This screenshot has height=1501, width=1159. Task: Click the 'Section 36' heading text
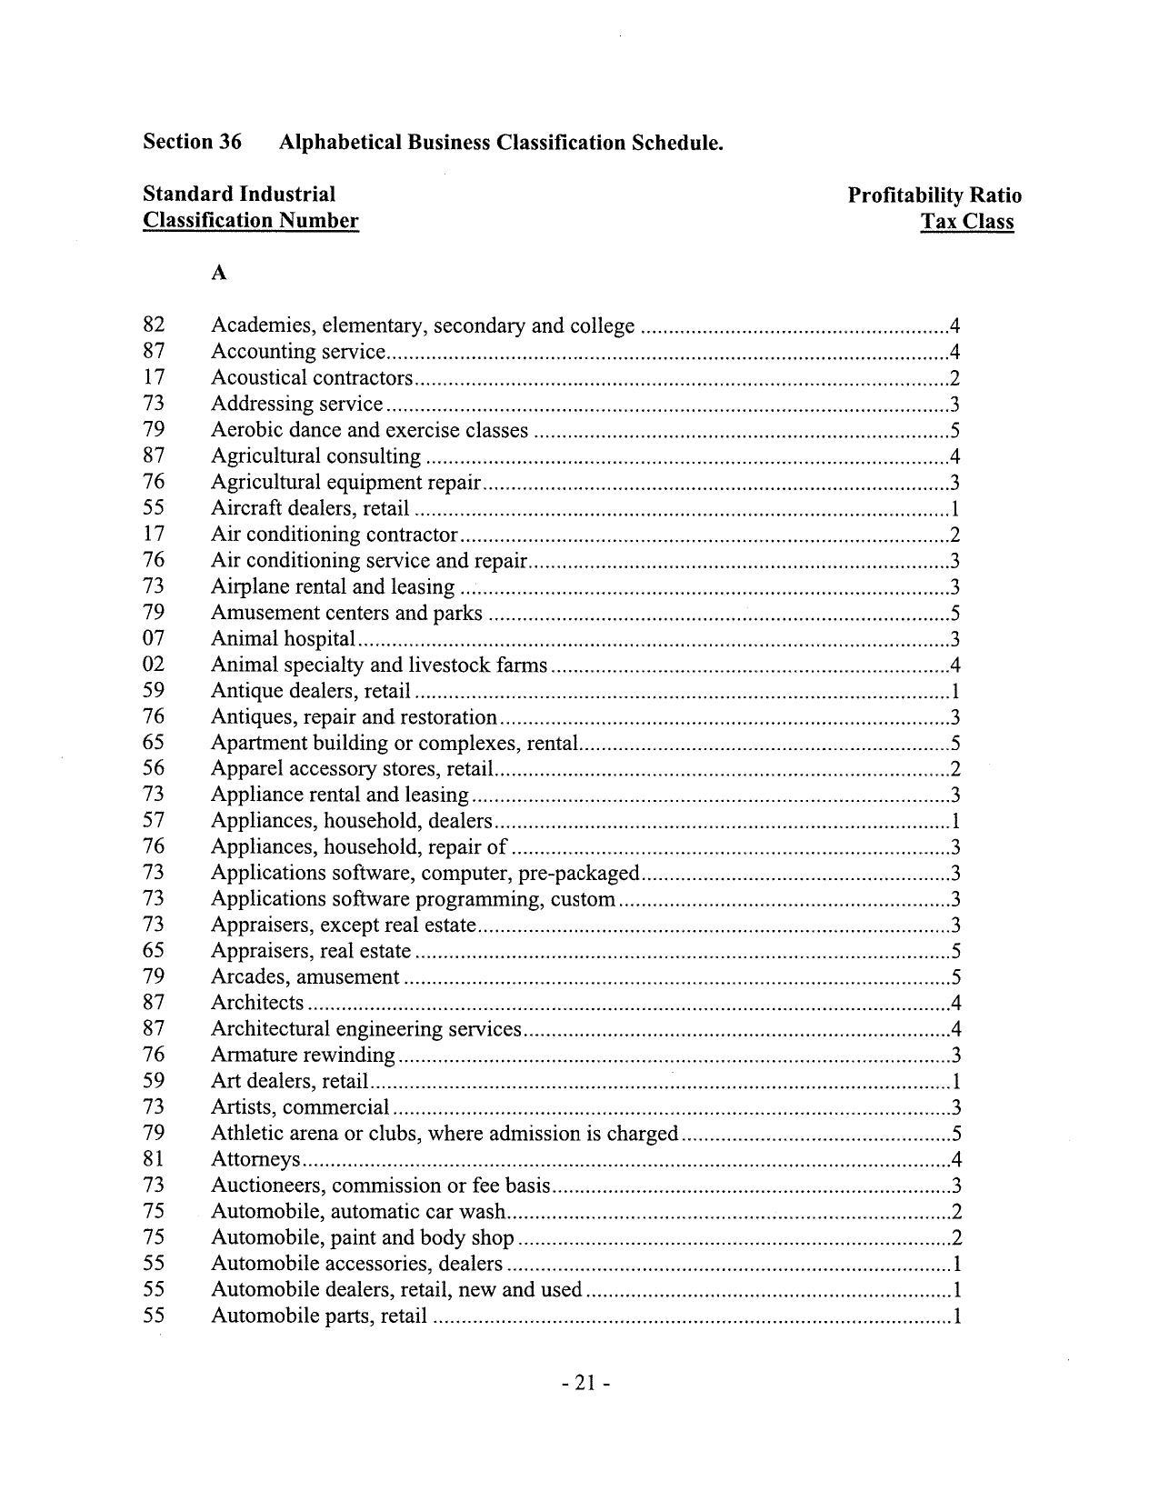tap(193, 142)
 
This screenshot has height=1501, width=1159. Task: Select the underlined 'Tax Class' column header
tap(966, 221)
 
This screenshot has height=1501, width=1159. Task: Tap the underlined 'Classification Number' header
tap(250, 221)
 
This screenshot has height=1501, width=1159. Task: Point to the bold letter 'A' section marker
tap(218, 273)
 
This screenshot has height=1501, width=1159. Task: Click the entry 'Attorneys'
tap(255, 1159)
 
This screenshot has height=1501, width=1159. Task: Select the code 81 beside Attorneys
tap(153, 1159)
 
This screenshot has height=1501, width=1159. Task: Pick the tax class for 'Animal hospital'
tap(954, 639)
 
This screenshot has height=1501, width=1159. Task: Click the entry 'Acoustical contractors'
tap(312, 377)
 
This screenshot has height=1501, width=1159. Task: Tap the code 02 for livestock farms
tap(153, 665)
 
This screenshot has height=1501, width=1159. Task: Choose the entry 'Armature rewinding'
tap(303, 1055)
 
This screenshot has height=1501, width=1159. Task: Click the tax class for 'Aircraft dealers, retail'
tap(955, 508)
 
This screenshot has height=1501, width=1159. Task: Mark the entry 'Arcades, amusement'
tap(305, 976)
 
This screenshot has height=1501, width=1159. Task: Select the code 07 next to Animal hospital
tap(153, 639)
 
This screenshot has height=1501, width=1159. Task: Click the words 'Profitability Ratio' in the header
tap(934, 195)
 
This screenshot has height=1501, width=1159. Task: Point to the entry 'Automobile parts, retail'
tap(319, 1316)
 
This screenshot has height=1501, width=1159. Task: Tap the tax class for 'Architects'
tap(954, 1003)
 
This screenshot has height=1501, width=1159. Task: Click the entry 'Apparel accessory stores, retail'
tap(352, 768)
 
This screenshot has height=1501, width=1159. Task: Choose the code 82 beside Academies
tap(153, 325)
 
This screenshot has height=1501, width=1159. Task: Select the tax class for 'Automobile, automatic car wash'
tap(954, 1211)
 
